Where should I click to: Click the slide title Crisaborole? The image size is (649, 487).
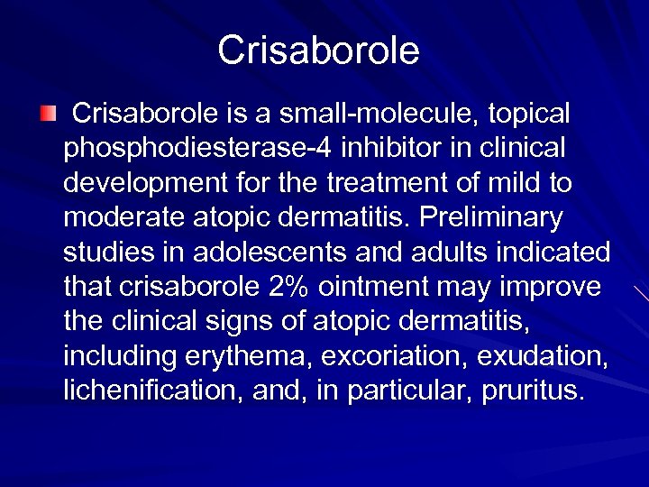pyautogui.click(x=318, y=51)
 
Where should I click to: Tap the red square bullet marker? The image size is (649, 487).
pyautogui.click(x=48, y=113)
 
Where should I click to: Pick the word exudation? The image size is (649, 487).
pyautogui.click(x=540, y=357)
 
